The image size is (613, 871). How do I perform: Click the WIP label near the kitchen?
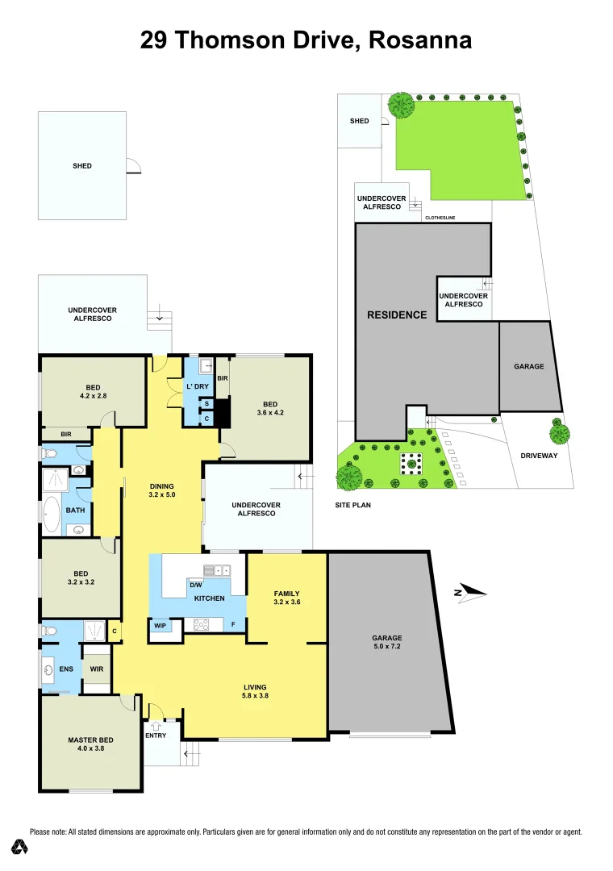click(161, 625)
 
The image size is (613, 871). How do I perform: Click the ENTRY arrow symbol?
click(156, 726)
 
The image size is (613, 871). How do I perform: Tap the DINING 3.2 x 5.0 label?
click(162, 490)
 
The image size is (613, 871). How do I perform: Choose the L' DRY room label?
click(198, 387)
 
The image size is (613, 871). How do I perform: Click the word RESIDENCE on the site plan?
click(397, 315)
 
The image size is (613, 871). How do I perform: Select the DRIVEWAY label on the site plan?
click(540, 455)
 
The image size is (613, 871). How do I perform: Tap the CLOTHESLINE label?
click(440, 217)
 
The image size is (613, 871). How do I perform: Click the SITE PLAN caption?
click(352, 505)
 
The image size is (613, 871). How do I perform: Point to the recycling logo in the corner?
click(20, 847)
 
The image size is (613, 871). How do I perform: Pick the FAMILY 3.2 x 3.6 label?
click(286, 598)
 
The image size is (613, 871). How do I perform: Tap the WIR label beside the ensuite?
click(96, 669)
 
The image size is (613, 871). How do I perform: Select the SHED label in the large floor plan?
click(81, 166)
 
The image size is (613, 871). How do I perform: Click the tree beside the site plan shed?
click(401, 104)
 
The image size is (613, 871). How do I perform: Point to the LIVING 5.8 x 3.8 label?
click(255, 692)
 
